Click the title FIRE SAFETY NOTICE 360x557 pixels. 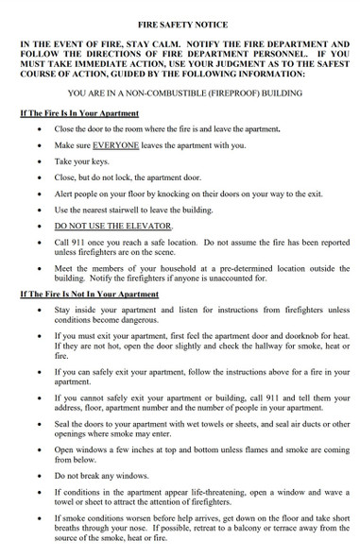[180, 11]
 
